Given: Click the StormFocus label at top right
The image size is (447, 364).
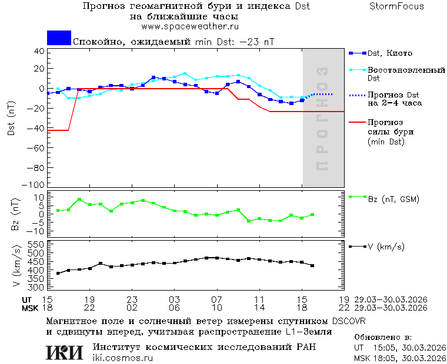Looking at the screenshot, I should [397, 6].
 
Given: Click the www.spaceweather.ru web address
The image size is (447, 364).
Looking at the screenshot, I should [190, 26].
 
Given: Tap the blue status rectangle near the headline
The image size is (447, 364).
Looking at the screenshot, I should [59, 38].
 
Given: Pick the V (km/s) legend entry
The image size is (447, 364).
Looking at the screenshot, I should [386, 247].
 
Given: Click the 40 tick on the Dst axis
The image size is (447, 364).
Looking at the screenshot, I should [39, 51].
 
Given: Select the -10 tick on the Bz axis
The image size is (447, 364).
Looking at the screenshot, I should [36, 231].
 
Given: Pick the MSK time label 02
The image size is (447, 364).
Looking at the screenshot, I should [132, 308].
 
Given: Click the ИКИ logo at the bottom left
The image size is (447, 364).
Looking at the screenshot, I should [65, 352].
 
